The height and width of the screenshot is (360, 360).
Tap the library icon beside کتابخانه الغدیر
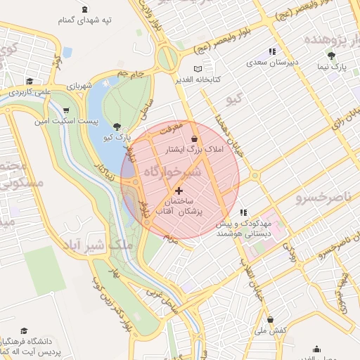click(x=198, y=69)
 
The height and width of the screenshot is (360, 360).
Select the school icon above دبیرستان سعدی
click(x=272, y=51)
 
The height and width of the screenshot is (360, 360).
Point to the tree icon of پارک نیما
click(x=331, y=56)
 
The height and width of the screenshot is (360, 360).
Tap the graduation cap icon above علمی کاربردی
click(x=29, y=81)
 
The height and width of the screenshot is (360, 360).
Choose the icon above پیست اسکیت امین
click(x=66, y=111)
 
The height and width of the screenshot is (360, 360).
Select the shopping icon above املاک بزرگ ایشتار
click(x=194, y=139)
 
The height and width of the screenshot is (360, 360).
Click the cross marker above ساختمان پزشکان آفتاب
click(x=179, y=190)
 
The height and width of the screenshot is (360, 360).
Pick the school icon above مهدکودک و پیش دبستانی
click(x=243, y=212)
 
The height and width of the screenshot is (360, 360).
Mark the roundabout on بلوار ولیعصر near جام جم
click(x=168, y=58)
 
